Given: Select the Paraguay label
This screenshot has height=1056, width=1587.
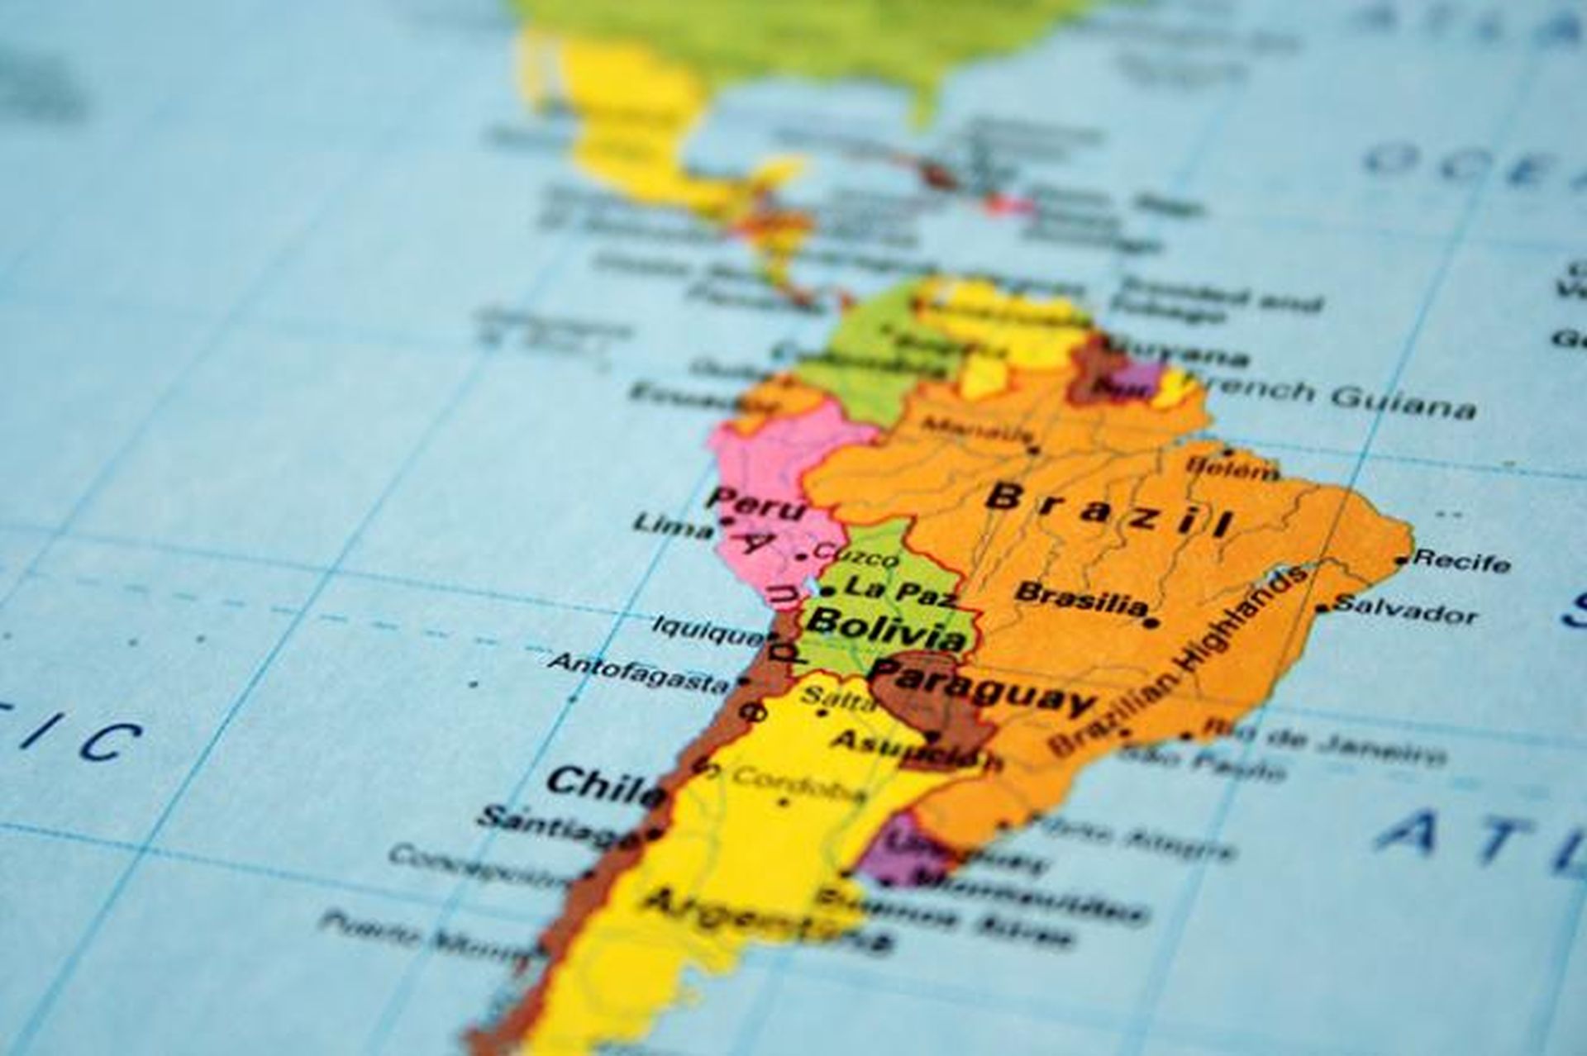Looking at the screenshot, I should (x=984, y=692).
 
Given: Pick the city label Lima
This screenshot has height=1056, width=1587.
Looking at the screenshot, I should (x=672, y=526).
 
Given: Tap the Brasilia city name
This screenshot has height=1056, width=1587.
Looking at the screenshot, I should (x=1081, y=599).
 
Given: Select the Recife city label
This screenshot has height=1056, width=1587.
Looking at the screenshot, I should (x=1461, y=561).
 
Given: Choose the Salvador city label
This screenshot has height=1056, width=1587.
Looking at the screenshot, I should (x=1405, y=611).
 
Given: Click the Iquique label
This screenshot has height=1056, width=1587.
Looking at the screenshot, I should (x=708, y=630).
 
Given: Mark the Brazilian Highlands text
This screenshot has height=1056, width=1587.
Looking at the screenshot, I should (x=1182, y=661).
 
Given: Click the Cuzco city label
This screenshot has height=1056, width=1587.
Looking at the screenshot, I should (x=855, y=554).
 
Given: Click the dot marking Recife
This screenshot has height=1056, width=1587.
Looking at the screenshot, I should (x=1401, y=561).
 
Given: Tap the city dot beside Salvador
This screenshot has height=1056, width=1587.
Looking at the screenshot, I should (x=1323, y=609).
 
